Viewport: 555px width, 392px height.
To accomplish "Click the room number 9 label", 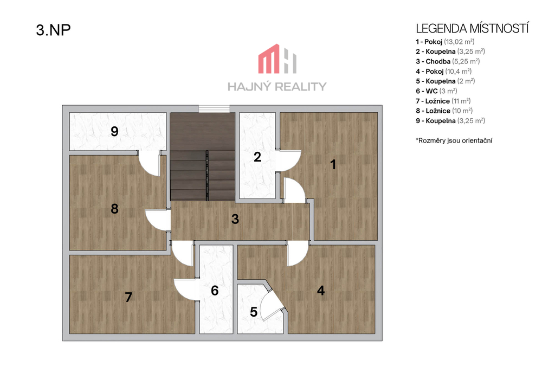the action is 114,131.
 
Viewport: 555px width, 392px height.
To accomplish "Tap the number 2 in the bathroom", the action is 257,157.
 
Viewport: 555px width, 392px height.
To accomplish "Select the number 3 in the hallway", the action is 235,219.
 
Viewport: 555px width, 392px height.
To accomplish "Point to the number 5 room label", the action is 254,312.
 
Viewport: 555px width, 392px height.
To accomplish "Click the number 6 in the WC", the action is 215,291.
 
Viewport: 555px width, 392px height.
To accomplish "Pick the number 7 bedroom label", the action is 128,297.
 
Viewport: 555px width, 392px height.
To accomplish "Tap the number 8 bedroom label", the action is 114,209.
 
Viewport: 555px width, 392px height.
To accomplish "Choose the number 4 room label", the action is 321,291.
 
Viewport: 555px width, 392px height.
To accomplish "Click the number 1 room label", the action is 333,164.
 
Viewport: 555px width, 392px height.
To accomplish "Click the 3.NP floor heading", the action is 53,30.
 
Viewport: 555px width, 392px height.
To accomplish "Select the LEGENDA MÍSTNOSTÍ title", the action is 472,28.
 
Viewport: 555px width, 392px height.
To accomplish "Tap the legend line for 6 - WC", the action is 436,91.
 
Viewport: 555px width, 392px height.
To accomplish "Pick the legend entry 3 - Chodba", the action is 448,61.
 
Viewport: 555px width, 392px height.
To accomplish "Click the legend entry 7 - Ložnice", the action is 443,101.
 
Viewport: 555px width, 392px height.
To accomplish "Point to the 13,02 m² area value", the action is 459,41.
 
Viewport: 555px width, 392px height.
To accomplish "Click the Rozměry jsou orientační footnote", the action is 454,140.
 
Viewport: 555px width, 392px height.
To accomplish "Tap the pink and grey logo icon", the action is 277,59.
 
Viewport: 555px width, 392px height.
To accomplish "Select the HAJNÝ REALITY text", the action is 277,87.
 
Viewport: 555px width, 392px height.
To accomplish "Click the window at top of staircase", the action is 214,109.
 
